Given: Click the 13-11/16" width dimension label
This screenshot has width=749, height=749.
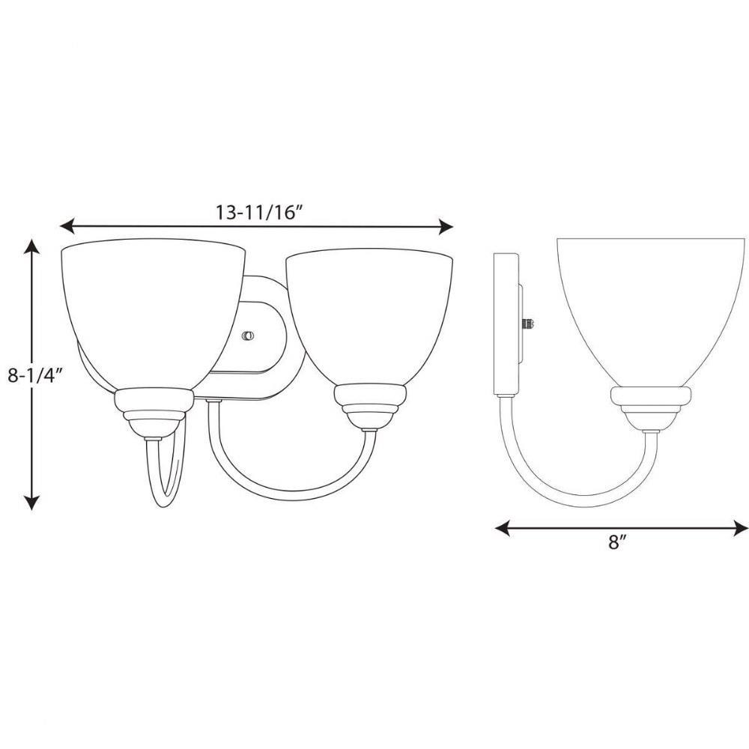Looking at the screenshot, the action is (259, 212).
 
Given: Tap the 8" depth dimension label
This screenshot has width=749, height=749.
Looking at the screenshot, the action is (617, 542).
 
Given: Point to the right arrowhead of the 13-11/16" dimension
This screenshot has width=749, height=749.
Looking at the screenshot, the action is (445, 226).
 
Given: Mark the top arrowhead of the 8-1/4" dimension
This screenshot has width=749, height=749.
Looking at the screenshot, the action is (31, 247).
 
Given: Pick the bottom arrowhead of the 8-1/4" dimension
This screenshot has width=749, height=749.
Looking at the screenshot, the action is (31, 502).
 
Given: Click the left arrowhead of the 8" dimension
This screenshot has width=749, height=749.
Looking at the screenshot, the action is (503, 528).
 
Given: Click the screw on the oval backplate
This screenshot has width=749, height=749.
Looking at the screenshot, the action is (248, 336).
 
